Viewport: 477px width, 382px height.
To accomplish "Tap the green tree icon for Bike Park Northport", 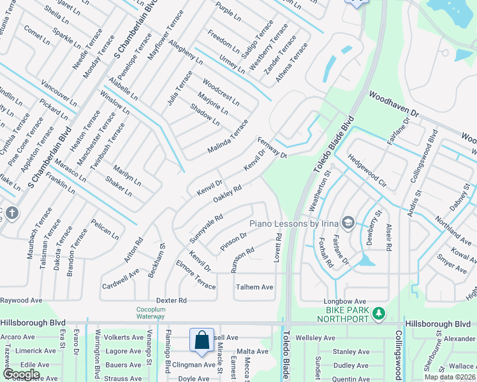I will click(379, 313).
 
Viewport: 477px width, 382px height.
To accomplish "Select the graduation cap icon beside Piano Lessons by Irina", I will click(348, 223).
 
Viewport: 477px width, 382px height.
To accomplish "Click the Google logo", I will click(21, 374).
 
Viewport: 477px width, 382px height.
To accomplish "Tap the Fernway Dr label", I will click(272, 147).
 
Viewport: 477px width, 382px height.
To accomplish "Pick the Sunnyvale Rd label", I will click(205, 229).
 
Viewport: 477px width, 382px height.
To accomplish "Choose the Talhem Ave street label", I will click(254, 287).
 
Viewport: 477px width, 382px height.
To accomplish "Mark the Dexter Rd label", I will click(173, 300).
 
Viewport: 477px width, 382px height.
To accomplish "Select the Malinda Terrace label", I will click(227, 136).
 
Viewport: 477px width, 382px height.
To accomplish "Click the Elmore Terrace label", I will click(196, 274).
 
